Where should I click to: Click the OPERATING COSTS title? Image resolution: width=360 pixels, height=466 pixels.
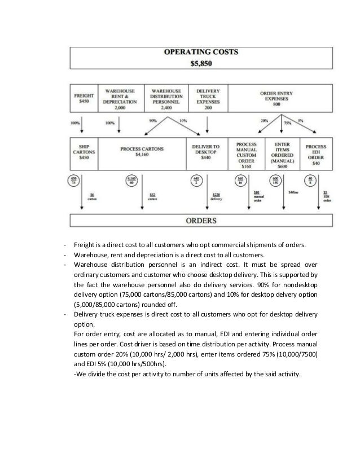200,53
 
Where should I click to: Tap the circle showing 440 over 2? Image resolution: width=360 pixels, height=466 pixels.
197,181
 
